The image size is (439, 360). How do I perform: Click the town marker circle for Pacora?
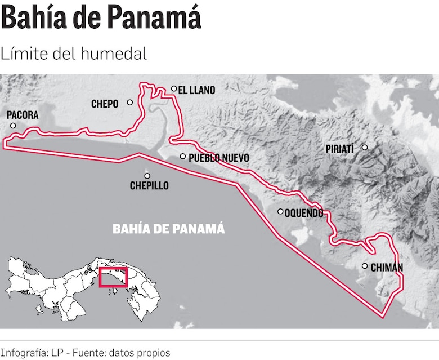pyautogui.click(x=13, y=126)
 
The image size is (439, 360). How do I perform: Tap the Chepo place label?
pyautogui.click(x=105, y=104)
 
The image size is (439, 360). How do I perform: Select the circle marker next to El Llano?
pyautogui.click(x=174, y=88)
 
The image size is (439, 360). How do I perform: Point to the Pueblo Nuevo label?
pyautogui.click(x=218, y=158)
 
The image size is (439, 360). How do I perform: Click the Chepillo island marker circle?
pyautogui.click(x=147, y=175)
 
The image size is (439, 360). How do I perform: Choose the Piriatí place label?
pyautogui.click(x=340, y=149)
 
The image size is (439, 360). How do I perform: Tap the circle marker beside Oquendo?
pyautogui.click(x=280, y=212)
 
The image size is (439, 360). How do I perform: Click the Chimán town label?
pyautogui.click(x=386, y=268)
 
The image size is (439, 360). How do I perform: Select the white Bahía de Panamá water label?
pyautogui.click(x=169, y=229)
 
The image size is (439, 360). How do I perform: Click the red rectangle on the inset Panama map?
pyautogui.click(x=113, y=277)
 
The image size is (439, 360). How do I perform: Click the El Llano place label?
pyautogui.click(x=196, y=90)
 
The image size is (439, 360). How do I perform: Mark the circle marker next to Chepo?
pyautogui.click(x=130, y=102)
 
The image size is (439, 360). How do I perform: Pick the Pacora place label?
pyautogui.click(x=23, y=115)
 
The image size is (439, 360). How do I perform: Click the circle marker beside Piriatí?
pyautogui.click(x=364, y=147)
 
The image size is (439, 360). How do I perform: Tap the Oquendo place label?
pyautogui.click(x=304, y=213)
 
